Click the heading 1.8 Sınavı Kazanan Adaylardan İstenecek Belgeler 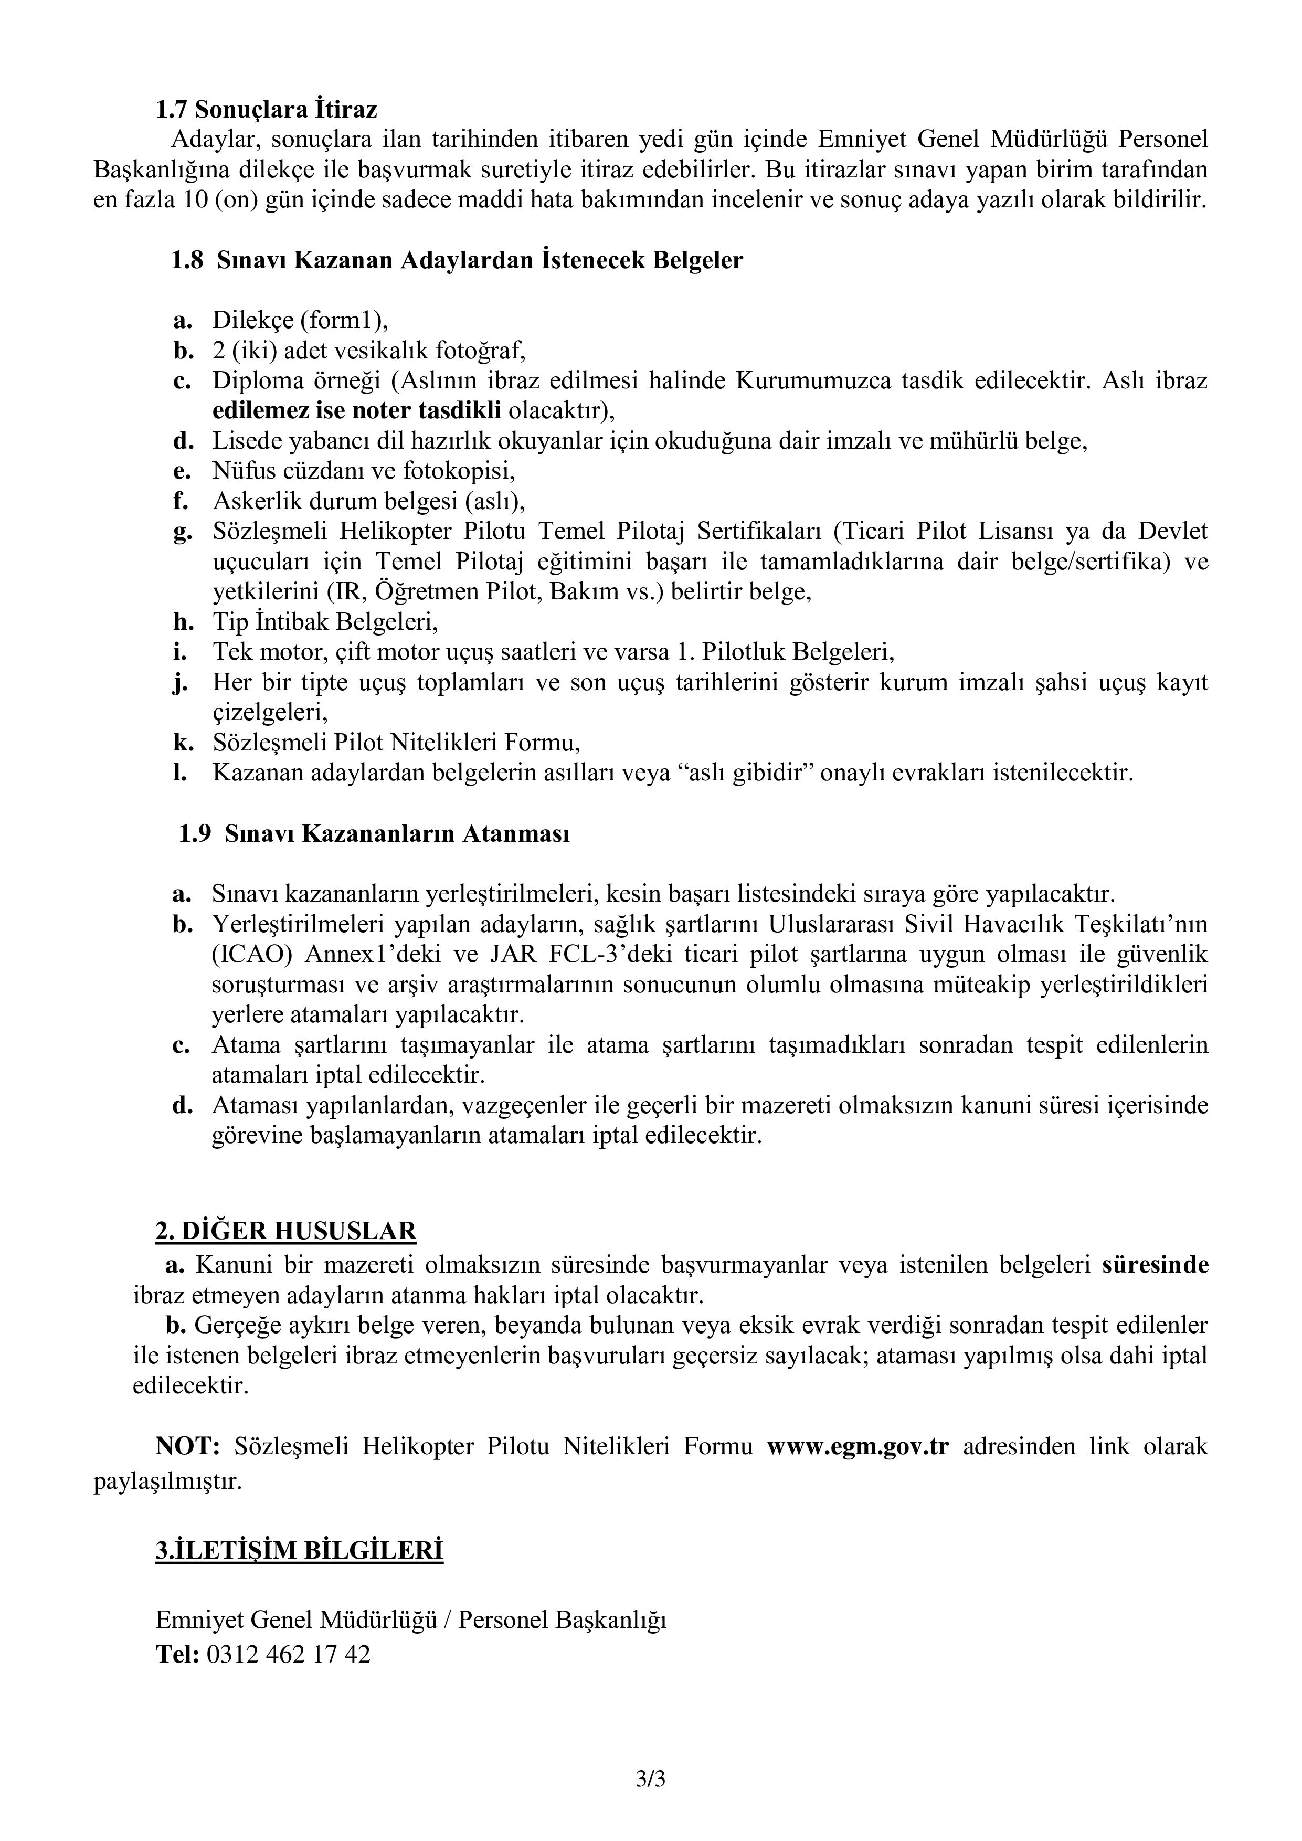click(457, 261)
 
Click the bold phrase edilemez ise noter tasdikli click(357, 410)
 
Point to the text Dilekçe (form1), click(300, 320)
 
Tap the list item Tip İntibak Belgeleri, click(325, 621)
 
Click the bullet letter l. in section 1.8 click(181, 773)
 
